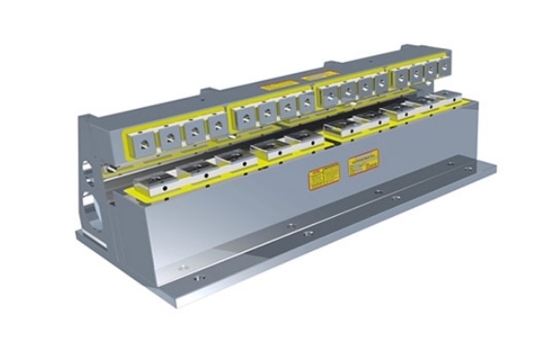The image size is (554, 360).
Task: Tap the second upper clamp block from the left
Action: click(171, 138)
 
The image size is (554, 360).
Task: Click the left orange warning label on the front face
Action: click(323, 175)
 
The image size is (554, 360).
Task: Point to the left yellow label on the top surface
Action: click(278, 86)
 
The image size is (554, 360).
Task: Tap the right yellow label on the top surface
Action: click(319, 74)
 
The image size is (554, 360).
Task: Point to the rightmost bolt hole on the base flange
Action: click(450, 163)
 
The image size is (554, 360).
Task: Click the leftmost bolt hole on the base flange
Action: click(181, 267)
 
